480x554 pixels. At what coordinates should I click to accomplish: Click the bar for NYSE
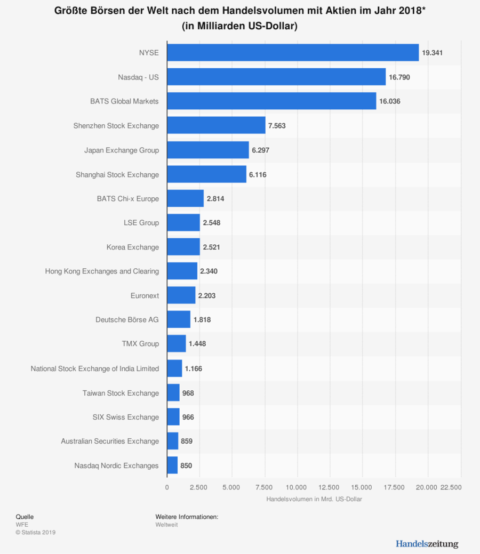click(292, 53)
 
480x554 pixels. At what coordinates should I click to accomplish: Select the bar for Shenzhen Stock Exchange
click(216, 125)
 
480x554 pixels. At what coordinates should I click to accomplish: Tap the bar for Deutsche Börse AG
click(179, 319)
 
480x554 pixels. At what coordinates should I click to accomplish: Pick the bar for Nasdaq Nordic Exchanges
click(172, 465)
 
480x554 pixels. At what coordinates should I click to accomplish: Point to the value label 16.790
click(399, 77)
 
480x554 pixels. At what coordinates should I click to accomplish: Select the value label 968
click(188, 393)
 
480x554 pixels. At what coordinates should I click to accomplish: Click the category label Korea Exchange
click(133, 247)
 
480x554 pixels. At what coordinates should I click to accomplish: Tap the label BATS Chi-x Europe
click(128, 198)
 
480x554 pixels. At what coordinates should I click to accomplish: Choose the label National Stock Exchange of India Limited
click(95, 368)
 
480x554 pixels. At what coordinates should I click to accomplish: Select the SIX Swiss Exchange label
click(126, 417)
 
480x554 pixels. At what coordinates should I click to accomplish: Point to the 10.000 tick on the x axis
click(297, 487)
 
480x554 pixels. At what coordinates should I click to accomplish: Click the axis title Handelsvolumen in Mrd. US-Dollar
click(314, 499)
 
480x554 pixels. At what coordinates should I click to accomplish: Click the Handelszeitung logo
click(427, 544)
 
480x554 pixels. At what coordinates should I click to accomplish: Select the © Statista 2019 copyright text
click(36, 532)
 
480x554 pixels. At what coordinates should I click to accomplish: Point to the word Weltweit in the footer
click(166, 525)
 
